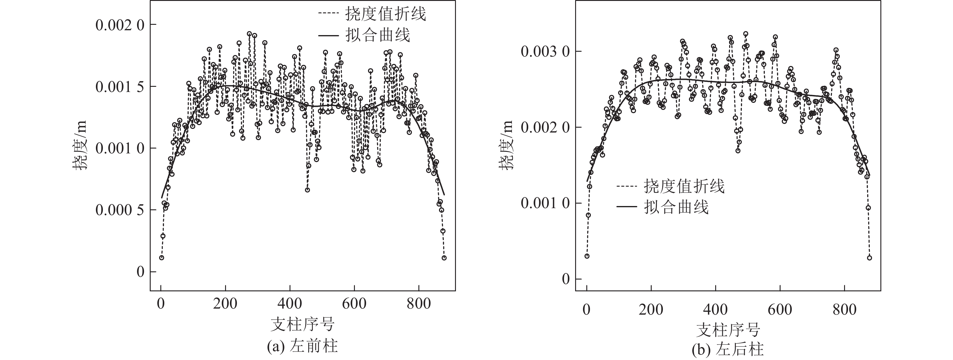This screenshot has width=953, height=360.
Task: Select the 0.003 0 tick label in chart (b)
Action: click(543, 51)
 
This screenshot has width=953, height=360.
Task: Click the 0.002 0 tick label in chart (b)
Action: click(543, 128)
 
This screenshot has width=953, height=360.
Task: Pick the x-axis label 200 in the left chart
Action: click(225, 304)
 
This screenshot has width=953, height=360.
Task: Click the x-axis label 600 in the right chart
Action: click(780, 309)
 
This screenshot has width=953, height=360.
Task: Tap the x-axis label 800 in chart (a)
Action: click(418, 304)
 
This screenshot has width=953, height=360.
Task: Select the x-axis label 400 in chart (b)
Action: click(716, 309)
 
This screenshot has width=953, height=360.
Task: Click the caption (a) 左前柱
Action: click(302, 347)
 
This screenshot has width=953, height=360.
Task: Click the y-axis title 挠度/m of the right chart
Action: click(506, 145)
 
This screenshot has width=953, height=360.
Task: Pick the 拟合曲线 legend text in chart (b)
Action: click(676, 207)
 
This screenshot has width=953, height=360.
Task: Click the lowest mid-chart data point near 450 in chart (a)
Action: click(307, 190)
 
